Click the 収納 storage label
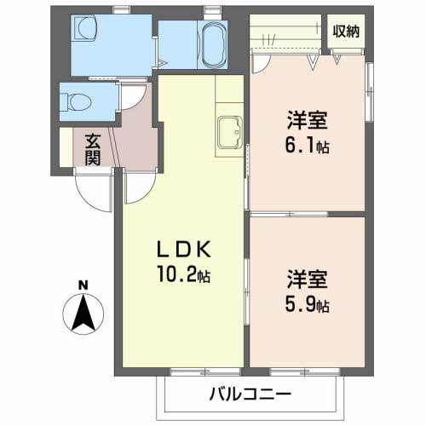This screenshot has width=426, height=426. click(346, 32)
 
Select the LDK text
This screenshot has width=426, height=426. click(184, 249)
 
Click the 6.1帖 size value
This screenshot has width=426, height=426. click(308, 146)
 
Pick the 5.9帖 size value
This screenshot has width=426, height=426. click(308, 305)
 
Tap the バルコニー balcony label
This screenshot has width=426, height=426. click(250, 394)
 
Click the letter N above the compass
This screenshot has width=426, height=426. click(83, 285)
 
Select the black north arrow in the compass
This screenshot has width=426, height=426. click(83, 313)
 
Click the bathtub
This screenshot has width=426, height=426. click(212, 44)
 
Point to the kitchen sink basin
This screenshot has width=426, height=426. click(230, 132)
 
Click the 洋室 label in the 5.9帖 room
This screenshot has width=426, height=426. click(308, 279)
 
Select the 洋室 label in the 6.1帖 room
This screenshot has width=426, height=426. click(308, 120)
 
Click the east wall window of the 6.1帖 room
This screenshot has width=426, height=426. click(370, 91)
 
